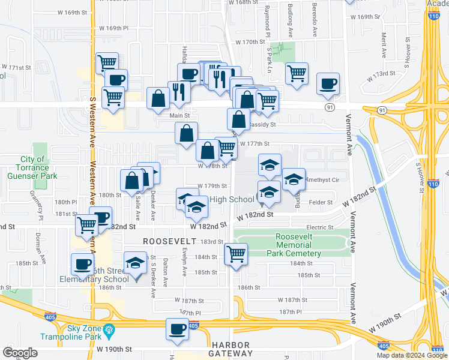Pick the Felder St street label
click(x=320, y=202)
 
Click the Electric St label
click(x=319, y=227)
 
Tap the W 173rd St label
click(x=382, y=73)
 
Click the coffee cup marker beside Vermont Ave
click(x=328, y=84)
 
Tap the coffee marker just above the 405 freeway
click(x=178, y=329)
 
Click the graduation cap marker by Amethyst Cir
click(x=294, y=179)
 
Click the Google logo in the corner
click(x=20, y=352)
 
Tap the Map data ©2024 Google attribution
click(x=411, y=355)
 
